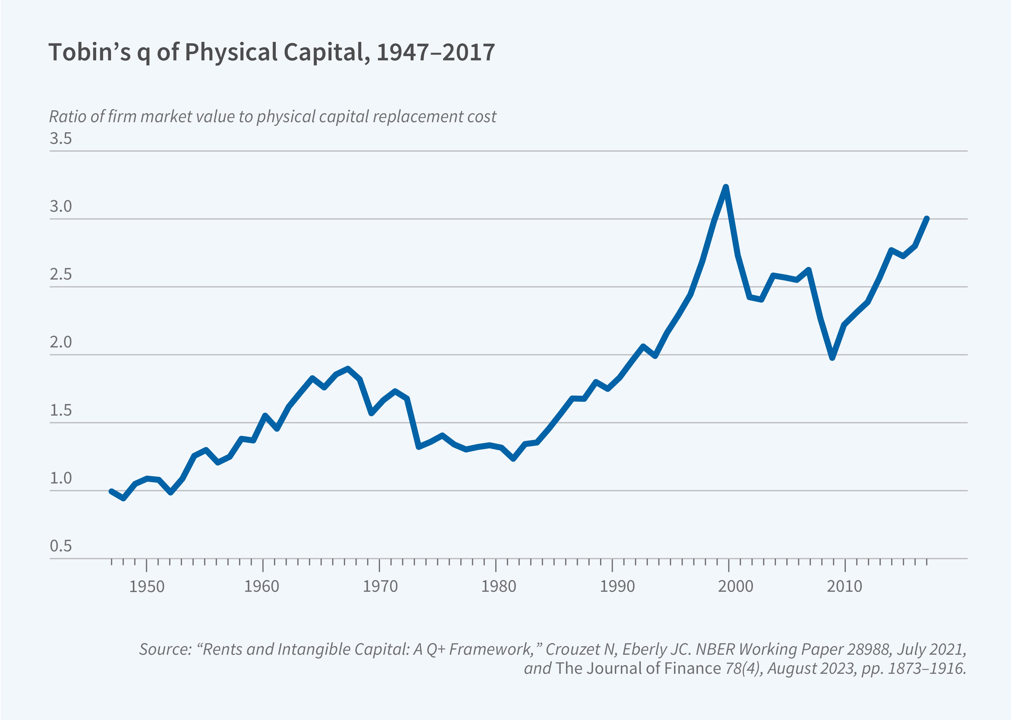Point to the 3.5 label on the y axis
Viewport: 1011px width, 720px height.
click(x=61, y=139)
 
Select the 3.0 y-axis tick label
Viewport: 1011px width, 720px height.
click(x=61, y=206)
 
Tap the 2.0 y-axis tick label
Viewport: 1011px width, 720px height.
click(x=61, y=342)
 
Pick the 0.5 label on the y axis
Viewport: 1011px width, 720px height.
click(x=61, y=546)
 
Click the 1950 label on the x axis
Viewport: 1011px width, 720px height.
click(x=147, y=587)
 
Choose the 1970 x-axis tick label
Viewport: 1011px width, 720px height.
click(x=380, y=587)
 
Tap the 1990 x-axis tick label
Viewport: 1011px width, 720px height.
click(x=617, y=587)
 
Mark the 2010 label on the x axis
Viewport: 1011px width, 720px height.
click(x=845, y=587)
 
